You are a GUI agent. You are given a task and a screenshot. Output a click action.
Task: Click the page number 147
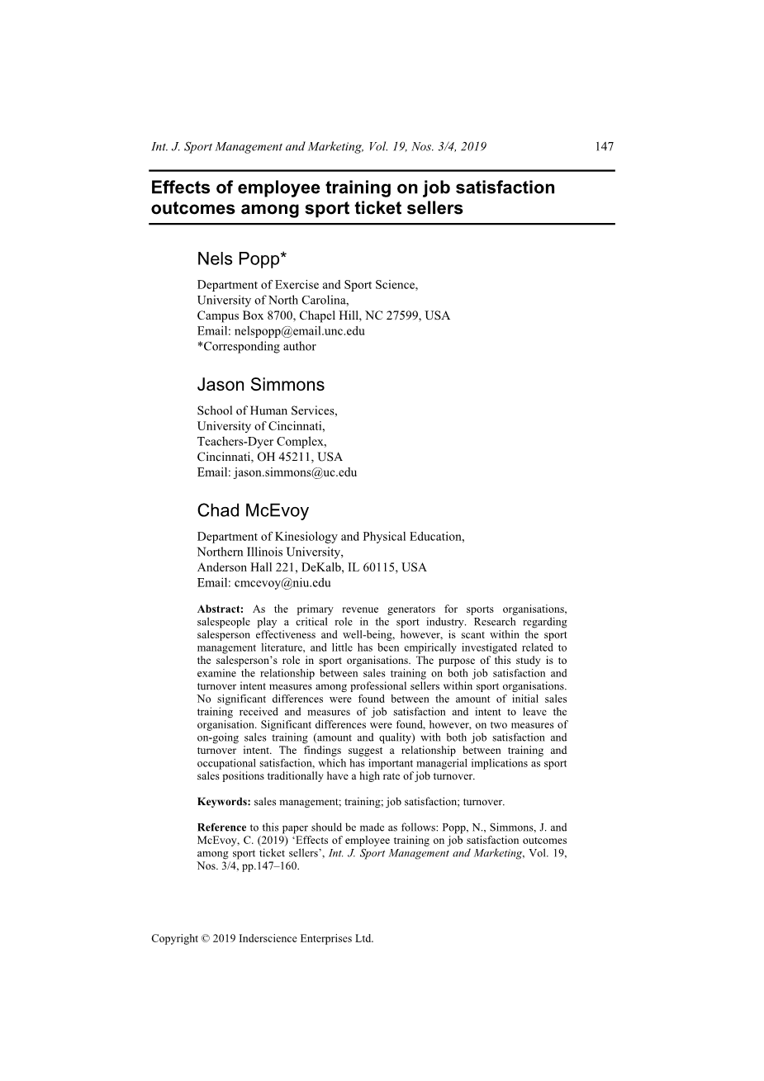(x=604, y=147)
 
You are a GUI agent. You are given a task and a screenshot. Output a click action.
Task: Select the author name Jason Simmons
(x=261, y=385)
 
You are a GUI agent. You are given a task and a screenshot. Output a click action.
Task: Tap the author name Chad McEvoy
(x=253, y=510)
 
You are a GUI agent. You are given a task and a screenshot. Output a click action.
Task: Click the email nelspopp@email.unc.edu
(x=300, y=331)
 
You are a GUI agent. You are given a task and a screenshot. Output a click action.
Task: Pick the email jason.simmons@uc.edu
(x=296, y=472)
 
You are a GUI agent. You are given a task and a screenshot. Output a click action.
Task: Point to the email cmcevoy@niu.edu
(x=282, y=582)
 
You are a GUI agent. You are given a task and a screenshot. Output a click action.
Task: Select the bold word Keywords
(x=224, y=801)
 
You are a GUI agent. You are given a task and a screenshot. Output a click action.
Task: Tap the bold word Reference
(x=221, y=827)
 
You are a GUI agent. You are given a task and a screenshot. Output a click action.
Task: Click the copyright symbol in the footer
(x=205, y=939)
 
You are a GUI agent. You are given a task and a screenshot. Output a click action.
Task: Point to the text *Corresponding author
(x=256, y=347)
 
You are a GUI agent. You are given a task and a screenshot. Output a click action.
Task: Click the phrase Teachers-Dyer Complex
(x=262, y=442)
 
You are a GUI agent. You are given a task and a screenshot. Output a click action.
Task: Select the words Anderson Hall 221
(x=247, y=567)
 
